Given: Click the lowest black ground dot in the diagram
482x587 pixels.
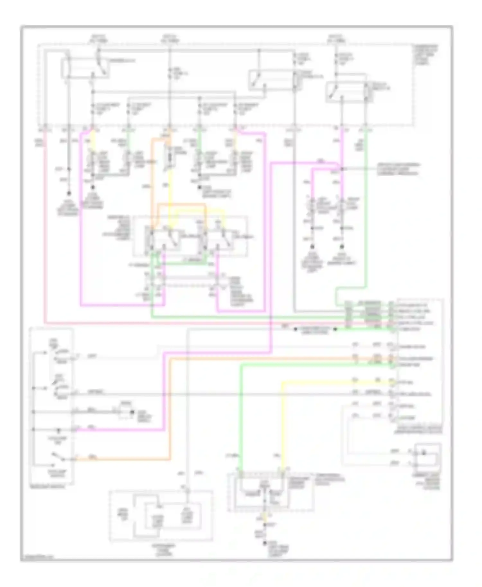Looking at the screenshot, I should [x=265, y=543].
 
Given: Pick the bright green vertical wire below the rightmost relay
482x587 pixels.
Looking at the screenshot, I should [x=366, y=209].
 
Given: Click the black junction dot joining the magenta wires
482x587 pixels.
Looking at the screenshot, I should [x=342, y=169].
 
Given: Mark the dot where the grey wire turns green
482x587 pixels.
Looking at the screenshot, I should [x=335, y=329].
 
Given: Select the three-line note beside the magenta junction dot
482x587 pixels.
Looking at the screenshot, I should [x=398, y=169].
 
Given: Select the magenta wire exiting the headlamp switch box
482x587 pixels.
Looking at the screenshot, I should [x=122, y=429].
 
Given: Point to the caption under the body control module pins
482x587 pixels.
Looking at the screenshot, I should [x=424, y=431].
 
